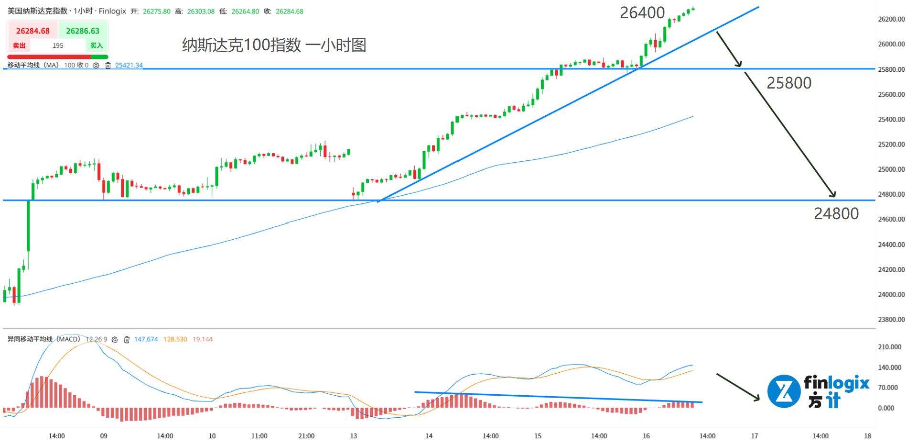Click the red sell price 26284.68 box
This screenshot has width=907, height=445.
[x=32, y=31]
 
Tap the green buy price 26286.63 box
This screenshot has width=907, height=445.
[x=83, y=31]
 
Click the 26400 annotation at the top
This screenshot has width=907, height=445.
[x=642, y=13]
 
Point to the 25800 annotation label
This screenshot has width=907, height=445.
[x=788, y=83]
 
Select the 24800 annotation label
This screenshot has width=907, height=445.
[x=836, y=213]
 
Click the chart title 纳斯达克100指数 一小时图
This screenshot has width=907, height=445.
[x=274, y=45]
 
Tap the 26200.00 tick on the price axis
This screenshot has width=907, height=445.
[x=891, y=19]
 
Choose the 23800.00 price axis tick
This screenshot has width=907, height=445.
[x=891, y=319]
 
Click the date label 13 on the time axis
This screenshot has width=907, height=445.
[x=353, y=436]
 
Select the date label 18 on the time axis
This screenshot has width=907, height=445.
[x=867, y=436]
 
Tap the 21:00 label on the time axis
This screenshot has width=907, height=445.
[x=306, y=436]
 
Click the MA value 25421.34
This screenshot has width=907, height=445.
[x=129, y=66]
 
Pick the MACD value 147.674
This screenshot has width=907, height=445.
[x=146, y=339]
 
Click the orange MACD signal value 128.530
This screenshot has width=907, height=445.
[x=175, y=339]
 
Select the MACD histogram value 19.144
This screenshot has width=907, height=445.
[x=203, y=339]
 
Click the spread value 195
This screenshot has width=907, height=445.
[x=58, y=45]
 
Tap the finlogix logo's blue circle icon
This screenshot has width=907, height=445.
[x=784, y=391]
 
